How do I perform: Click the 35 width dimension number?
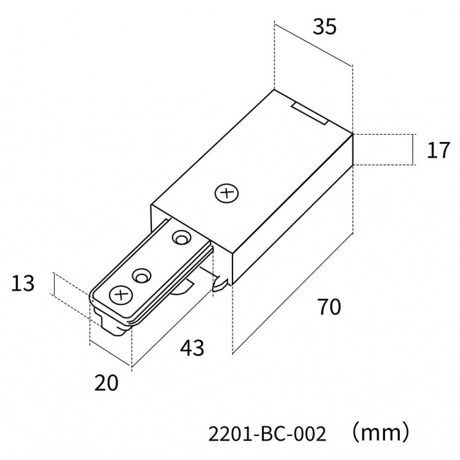[x=325, y=28]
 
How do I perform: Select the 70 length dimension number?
[x=328, y=307]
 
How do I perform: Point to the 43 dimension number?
[x=192, y=349]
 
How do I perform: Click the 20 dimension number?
[x=106, y=382]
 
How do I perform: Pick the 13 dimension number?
[x=23, y=284]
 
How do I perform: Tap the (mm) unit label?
[x=379, y=433]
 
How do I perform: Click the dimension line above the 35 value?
[x=313, y=45]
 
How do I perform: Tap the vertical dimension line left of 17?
[x=413, y=150]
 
